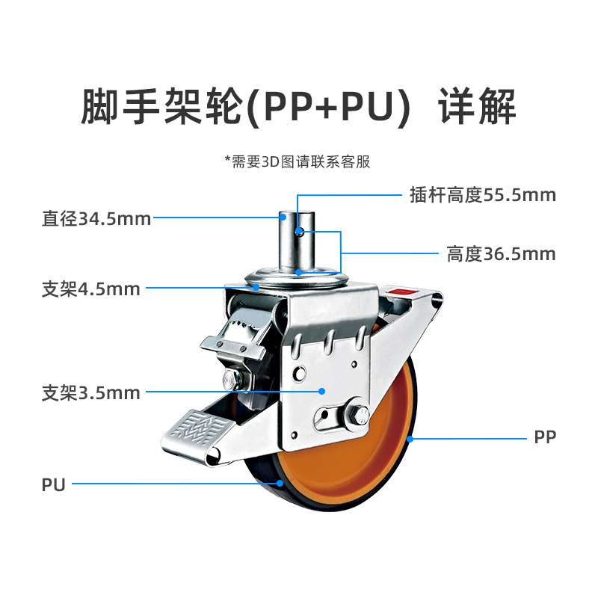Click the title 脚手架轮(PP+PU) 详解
tap(298, 107)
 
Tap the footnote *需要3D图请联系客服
tap(298, 161)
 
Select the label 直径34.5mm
tap(96, 219)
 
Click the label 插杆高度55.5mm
tap(483, 196)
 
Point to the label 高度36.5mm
tap(501, 254)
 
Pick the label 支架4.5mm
tap(90, 289)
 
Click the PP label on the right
tap(546, 437)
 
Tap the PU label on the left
tap(54, 485)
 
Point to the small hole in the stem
tap(299, 231)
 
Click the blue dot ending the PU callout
tap(281, 484)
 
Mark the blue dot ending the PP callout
tap(410, 438)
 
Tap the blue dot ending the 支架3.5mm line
tap(322, 391)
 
